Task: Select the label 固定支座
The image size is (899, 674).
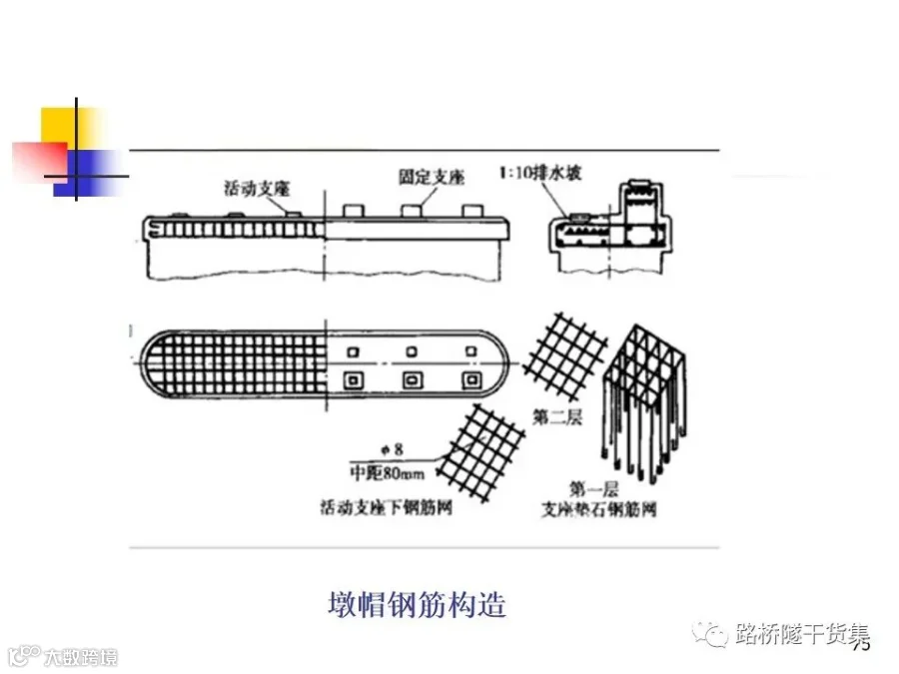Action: (x=432, y=178)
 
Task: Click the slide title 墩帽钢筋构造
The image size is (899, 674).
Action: (x=417, y=604)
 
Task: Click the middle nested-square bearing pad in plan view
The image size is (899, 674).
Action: (x=411, y=380)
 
